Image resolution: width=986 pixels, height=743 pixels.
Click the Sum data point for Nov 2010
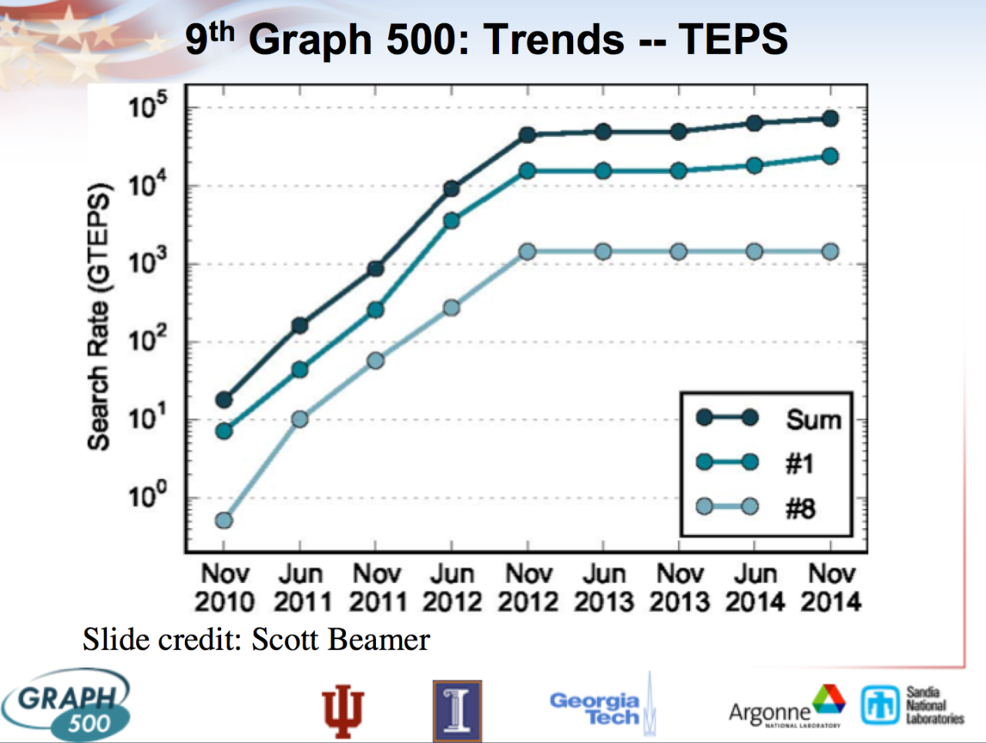coord(224,400)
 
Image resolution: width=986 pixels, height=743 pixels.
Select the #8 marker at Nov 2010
coord(224,520)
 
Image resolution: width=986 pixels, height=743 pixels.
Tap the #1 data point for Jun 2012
coord(451,221)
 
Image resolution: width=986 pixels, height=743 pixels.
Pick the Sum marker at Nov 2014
coord(830,119)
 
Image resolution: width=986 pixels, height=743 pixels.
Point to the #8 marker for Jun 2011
coord(300,420)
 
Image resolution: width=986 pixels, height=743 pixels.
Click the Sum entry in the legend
coord(813,420)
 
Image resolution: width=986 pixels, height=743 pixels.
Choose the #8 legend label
coord(800,508)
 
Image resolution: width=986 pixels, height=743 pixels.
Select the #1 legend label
coord(800,464)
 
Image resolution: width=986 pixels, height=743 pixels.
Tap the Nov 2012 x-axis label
coord(528,587)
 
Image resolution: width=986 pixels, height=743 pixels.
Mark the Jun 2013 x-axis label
coord(603,587)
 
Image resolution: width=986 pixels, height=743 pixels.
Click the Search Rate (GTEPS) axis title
coord(99,316)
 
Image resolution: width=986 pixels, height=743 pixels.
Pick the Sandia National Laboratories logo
coord(912,705)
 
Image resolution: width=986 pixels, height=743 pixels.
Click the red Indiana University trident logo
coord(343,710)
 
